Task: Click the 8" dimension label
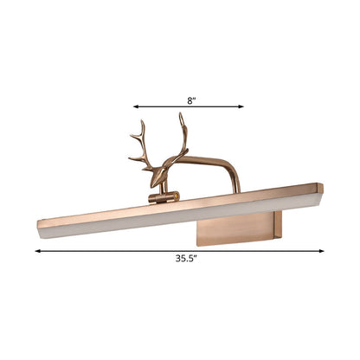pyautogui.click(x=191, y=100)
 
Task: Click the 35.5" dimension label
pyautogui.click(x=186, y=259)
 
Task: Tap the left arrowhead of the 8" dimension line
pyautogui.click(x=136, y=106)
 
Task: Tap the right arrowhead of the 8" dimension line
pyautogui.click(x=241, y=106)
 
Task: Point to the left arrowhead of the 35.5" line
pyautogui.click(x=38, y=251)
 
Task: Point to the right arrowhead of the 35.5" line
pyautogui.click(x=321, y=251)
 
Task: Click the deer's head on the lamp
pyautogui.click(x=158, y=177)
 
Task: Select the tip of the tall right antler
pyautogui.click(x=180, y=112)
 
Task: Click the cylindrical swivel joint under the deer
pyautogui.click(x=164, y=197)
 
